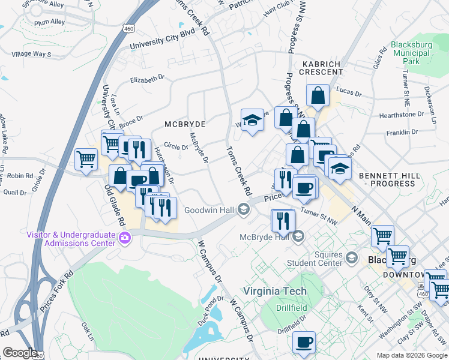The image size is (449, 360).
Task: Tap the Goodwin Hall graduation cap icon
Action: [244, 210]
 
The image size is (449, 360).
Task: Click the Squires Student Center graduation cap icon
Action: [352, 259]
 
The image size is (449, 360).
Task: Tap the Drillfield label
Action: [292, 308]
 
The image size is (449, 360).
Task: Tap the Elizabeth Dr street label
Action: [147, 79]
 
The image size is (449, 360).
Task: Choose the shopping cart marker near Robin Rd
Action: [86, 160]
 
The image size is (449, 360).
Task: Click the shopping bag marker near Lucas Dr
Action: [317, 95]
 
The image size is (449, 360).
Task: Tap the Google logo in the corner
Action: [19, 353]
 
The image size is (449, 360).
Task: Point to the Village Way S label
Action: [32, 54]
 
